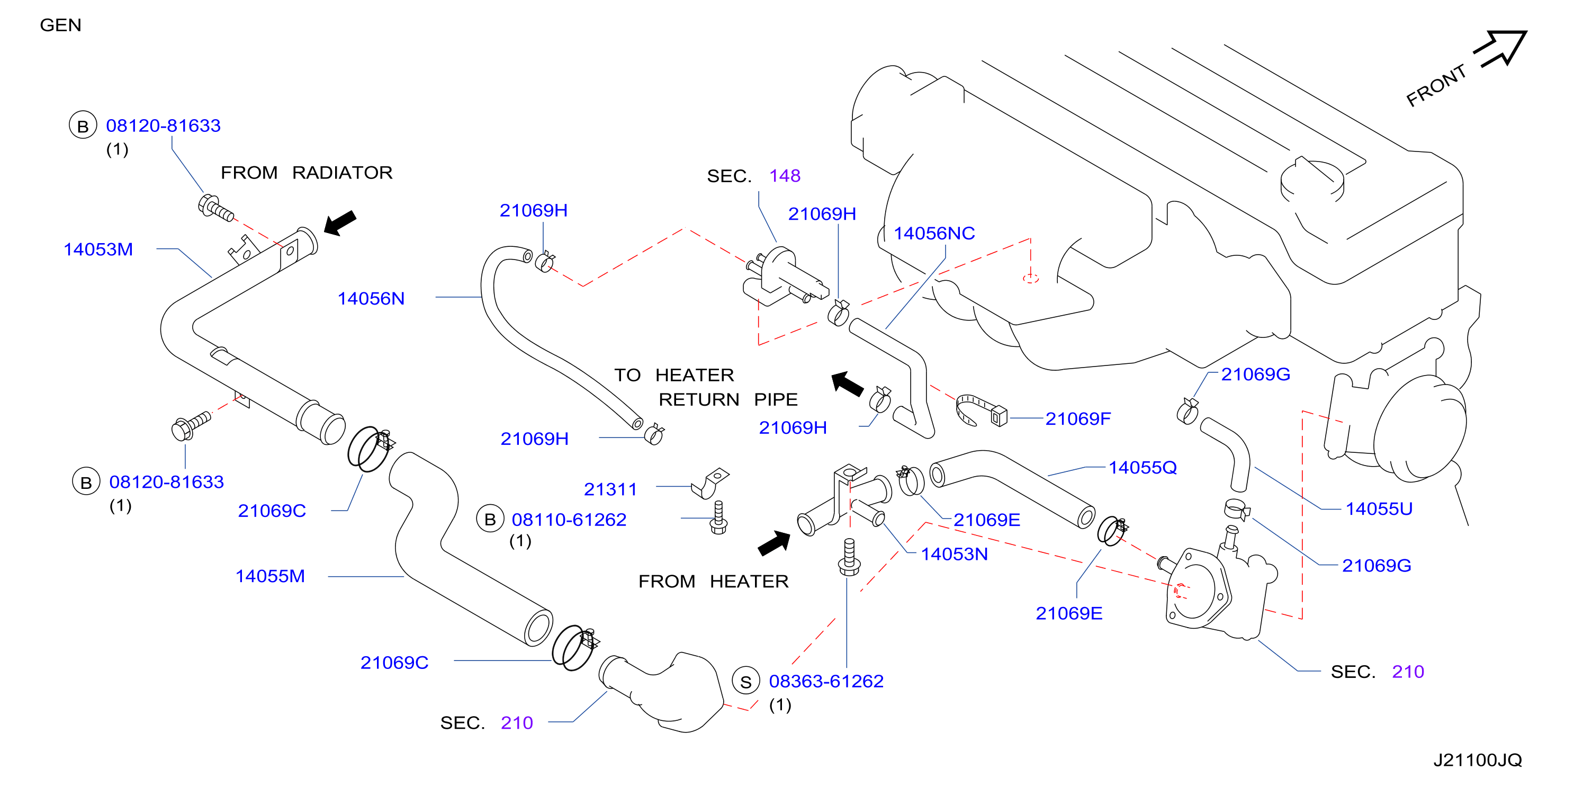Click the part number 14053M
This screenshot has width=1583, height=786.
pyautogui.click(x=98, y=249)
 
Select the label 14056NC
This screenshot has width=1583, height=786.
pyautogui.click(x=934, y=234)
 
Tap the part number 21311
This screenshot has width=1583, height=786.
pyautogui.click(x=610, y=489)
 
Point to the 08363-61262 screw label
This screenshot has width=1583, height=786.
pyautogui.click(x=826, y=681)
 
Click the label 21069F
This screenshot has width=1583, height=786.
pyautogui.click(x=1078, y=418)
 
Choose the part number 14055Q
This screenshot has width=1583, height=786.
pyautogui.click(x=1143, y=468)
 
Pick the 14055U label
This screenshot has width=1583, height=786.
pyautogui.click(x=1379, y=509)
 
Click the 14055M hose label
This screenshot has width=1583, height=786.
pyautogui.click(x=271, y=576)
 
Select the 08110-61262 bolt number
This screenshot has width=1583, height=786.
pyautogui.click(x=569, y=520)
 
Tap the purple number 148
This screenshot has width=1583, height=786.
pyautogui.click(x=785, y=176)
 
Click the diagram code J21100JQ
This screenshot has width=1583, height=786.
pyautogui.click(x=1477, y=760)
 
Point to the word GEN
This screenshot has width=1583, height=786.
pyautogui.click(x=60, y=25)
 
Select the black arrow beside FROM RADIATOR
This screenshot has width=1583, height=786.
pyautogui.click(x=340, y=222)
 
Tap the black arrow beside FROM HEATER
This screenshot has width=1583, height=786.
pyautogui.click(x=774, y=543)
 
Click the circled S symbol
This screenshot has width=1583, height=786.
pyautogui.click(x=746, y=682)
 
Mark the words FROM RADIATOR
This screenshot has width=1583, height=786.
pyautogui.click(x=307, y=173)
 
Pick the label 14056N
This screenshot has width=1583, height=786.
pyautogui.click(x=371, y=299)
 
